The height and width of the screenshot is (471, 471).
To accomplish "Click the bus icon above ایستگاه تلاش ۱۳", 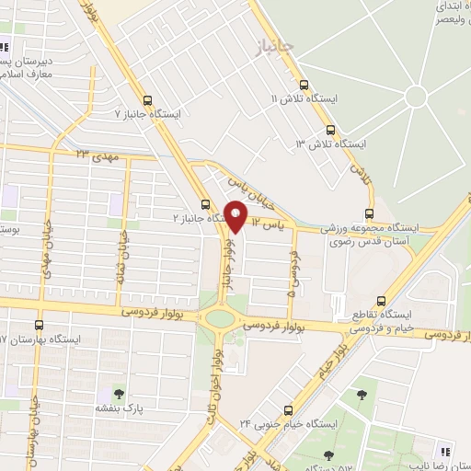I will coord(330,130).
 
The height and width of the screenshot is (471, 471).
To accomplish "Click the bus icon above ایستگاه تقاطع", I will coord(343,302).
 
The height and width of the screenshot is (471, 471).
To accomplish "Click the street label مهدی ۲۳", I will coord(97,155).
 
